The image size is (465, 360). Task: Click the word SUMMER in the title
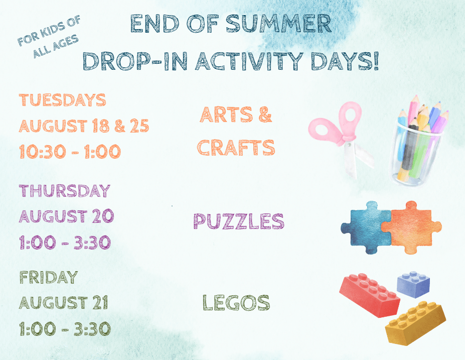[278, 24]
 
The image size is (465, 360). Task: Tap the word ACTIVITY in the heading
[249, 61]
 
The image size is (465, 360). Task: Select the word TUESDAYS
[62, 100]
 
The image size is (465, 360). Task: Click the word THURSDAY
[65, 191]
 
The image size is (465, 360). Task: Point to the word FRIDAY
[49, 277]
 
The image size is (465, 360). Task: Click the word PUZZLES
[239, 221]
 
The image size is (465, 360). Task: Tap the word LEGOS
[236, 302]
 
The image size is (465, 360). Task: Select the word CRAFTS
[236, 148]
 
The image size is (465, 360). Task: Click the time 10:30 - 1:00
[70, 152]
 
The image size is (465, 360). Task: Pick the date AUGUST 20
[66, 216]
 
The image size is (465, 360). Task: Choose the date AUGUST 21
[64, 303]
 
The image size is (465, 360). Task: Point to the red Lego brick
[370, 295]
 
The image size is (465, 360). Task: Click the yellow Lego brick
[415, 323]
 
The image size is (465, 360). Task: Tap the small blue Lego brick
[413, 284]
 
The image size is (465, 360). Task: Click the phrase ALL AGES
[56, 46]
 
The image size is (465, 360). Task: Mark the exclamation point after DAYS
[376, 61]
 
